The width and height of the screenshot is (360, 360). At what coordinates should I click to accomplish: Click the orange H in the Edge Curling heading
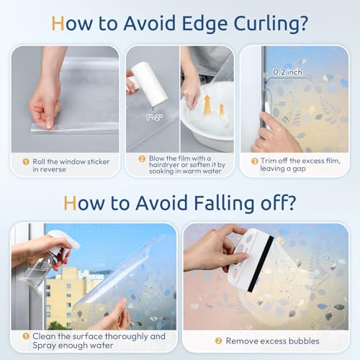pyautogui.click(x=58, y=23)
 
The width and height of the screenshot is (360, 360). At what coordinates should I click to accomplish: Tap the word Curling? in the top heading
pyautogui.click(x=271, y=24)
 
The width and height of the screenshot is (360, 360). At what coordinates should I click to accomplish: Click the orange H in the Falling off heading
pyautogui.click(x=70, y=203)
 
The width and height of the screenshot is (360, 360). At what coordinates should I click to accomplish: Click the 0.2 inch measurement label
pyautogui.click(x=287, y=72)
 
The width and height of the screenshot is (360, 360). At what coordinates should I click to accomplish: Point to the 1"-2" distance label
pyautogui.click(x=154, y=117)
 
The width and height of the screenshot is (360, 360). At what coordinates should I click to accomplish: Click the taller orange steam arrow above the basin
pyautogui.click(x=207, y=104)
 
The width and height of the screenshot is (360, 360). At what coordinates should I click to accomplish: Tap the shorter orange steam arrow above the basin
pyautogui.click(x=222, y=109)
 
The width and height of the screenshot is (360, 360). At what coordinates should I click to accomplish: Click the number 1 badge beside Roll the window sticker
pyautogui.click(x=26, y=161)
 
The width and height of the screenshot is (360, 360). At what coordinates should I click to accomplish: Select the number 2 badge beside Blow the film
pyautogui.click(x=142, y=158)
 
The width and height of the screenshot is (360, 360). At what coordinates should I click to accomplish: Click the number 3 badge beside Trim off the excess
pyautogui.click(x=255, y=161)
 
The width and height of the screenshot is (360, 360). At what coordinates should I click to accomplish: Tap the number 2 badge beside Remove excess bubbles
pyautogui.click(x=218, y=341)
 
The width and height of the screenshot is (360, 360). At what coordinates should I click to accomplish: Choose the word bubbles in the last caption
pyautogui.click(x=304, y=341)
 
